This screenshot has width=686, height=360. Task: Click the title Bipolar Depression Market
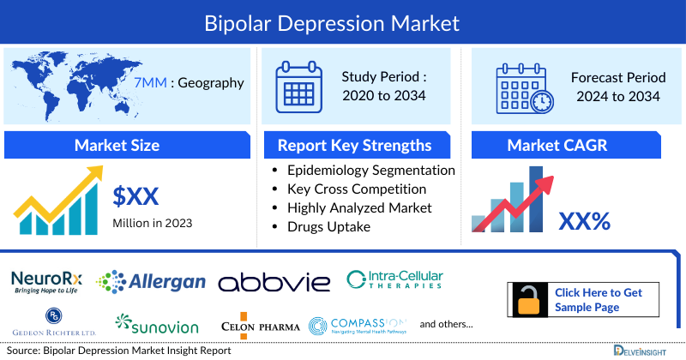(x=343, y=21)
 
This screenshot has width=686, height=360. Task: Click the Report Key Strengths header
(x=354, y=145)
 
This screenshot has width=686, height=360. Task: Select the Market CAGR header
(x=569, y=145)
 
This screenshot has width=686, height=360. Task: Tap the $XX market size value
(x=136, y=197)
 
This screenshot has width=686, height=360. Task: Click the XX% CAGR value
(x=584, y=221)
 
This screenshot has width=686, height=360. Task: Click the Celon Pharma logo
(x=261, y=326)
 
